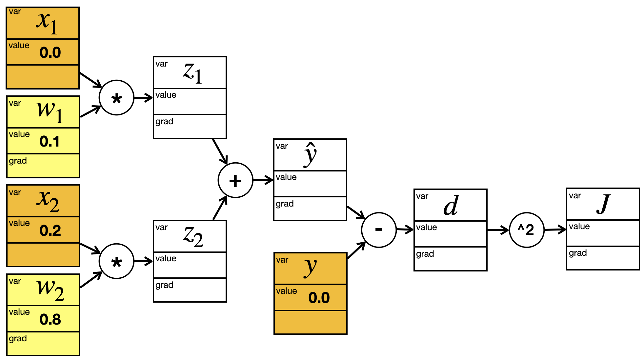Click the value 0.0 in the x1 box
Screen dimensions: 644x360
50,52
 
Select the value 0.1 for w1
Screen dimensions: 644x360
50,141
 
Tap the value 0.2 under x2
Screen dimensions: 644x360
50,230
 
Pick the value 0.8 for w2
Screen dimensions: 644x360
50,319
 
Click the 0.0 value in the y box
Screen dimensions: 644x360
319,298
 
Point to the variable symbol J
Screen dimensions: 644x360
603,204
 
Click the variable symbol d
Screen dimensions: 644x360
451,206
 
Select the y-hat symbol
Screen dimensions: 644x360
310,155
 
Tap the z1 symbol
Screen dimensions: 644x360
192,73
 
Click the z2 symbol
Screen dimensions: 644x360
193,237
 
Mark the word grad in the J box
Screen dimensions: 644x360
578,253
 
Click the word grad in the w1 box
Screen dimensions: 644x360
18,161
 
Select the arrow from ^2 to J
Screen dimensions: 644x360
555,230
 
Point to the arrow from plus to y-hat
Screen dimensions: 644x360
263,180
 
